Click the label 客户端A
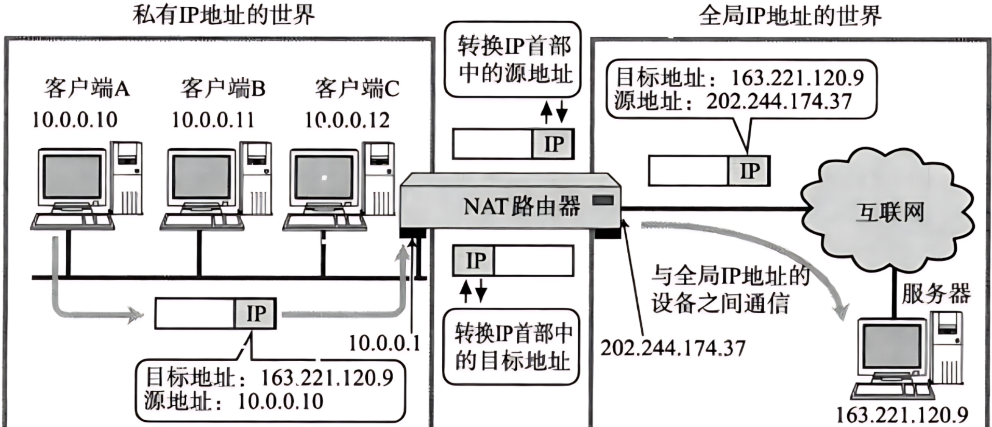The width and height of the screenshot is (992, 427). click(x=87, y=89)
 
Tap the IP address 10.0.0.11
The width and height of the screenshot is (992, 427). click(x=213, y=120)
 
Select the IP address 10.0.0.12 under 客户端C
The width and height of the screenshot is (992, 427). click(x=347, y=120)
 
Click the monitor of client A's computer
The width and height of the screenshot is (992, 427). click(x=72, y=176)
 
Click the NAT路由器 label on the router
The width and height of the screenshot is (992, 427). click(x=521, y=207)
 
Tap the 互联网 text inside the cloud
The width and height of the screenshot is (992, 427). click(x=889, y=212)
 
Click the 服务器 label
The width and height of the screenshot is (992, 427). click(x=935, y=294)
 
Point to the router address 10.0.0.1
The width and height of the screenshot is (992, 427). click(x=384, y=343)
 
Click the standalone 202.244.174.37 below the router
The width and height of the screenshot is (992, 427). click(x=672, y=348)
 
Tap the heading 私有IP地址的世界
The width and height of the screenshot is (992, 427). click(x=224, y=16)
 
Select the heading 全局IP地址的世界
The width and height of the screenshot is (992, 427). click(x=790, y=16)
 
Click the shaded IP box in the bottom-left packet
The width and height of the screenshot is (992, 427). click(x=255, y=314)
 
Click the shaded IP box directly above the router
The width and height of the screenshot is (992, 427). click(x=553, y=144)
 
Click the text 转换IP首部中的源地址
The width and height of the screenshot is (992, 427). click(x=514, y=60)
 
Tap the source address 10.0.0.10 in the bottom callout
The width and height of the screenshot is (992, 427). click(x=280, y=402)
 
